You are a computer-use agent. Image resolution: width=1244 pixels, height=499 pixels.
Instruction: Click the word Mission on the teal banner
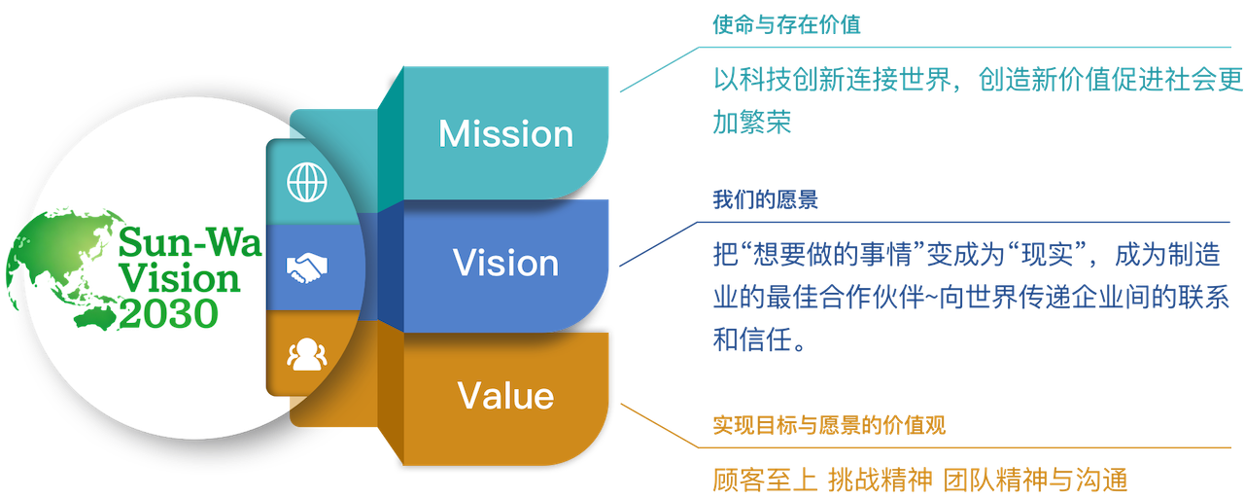(505, 134)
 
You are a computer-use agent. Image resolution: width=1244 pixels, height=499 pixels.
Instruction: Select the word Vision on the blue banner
(505, 264)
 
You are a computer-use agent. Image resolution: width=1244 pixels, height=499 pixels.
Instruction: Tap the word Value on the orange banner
(505, 396)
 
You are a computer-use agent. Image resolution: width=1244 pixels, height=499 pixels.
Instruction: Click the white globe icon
(307, 182)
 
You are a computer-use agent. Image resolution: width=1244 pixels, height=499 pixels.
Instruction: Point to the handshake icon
(307, 267)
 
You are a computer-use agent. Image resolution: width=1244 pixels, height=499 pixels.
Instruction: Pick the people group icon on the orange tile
(307, 354)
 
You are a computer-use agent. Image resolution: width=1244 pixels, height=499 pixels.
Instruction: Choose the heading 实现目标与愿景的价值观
(829, 425)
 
